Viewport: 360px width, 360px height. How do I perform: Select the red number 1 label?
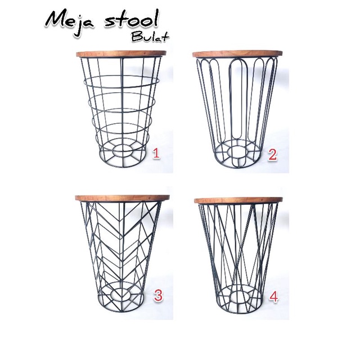click(x=157, y=152)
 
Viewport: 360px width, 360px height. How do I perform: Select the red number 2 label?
click(x=273, y=155)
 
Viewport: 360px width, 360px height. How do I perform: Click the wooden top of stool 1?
click(x=121, y=55)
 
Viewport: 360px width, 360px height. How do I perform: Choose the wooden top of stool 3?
click(x=119, y=197)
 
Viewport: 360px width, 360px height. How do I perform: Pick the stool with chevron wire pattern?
click(x=119, y=247)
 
